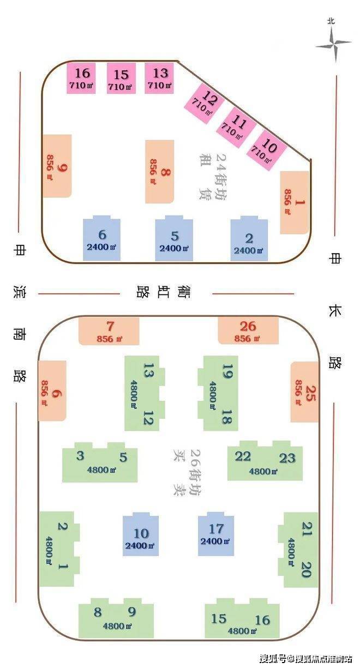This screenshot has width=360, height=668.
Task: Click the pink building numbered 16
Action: tap(81, 78)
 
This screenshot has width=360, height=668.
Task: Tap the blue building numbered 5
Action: tap(174, 239)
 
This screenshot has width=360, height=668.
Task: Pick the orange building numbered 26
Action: tap(248, 330)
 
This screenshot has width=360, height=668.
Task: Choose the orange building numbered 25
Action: tap(304, 392)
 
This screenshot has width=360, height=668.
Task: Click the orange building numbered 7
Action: tap(109, 331)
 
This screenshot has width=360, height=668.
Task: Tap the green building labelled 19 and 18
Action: tap(218, 393)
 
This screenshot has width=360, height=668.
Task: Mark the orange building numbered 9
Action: tap(57, 166)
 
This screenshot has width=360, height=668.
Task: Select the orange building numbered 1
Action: tap(295, 202)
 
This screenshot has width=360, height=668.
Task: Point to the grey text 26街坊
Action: tap(194, 472)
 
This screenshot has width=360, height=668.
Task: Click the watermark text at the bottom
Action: tap(305, 658)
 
